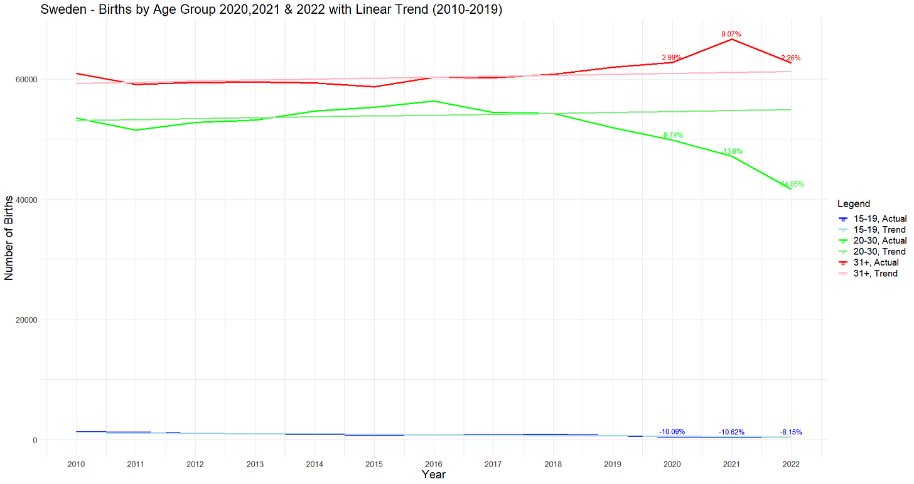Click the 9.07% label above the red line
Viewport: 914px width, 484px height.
click(x=731, y=34)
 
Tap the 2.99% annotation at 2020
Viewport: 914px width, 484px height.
click(x=672, y=57)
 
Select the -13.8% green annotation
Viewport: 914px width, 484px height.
click(x=731, y=151)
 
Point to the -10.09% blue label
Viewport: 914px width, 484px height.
click(x=672, y=431)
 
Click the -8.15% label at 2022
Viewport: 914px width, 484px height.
click(x=791, y=432)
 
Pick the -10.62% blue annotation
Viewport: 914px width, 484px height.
click(x=731, y=432)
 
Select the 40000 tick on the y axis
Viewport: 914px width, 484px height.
click(x=27, y=200)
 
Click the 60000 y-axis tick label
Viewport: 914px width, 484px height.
click(x=27, y=80)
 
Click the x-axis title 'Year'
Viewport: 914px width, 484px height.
click(x=434, y=475)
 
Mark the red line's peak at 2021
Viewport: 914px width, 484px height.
click(x=731, y=40)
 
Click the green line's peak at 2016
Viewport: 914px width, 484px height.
click(x=434, y=101)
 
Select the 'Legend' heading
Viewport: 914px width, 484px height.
click(x=853, y=204)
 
